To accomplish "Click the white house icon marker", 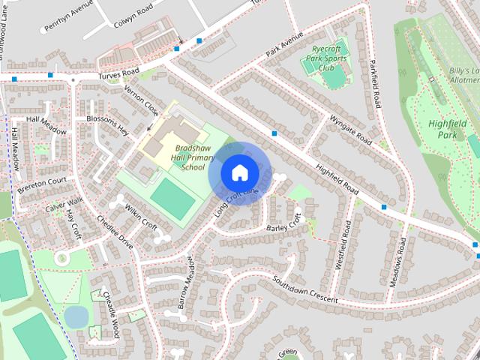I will [239, 172].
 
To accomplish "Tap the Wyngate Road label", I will [350, 129].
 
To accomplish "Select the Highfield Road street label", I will [335, 177].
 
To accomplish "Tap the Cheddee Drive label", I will [115, 232].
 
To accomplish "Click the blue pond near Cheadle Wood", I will [76, 317].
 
